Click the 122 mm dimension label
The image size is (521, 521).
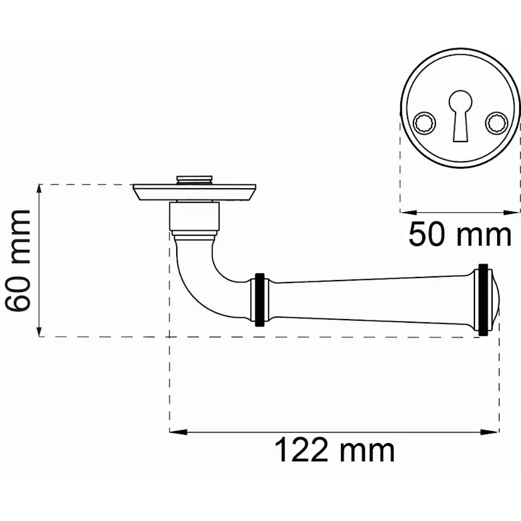pyautogui.click(x=335, y=451)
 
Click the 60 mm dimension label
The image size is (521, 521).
pyautogui.click(x=19, y=260)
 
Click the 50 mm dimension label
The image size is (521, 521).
pyautogui.click(x=460, y=235)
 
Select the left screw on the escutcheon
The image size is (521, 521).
pyautogui.click(x=424, y=123)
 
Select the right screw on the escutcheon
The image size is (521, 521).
pyautogui.click(x=496, y=123)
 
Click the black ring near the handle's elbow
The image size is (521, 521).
pyautogui.click(x=259, y=300)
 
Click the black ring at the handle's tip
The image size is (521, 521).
pyautogui.click(x=483, y=300)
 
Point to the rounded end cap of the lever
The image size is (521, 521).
pyautogui.click(x=493, y=300)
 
